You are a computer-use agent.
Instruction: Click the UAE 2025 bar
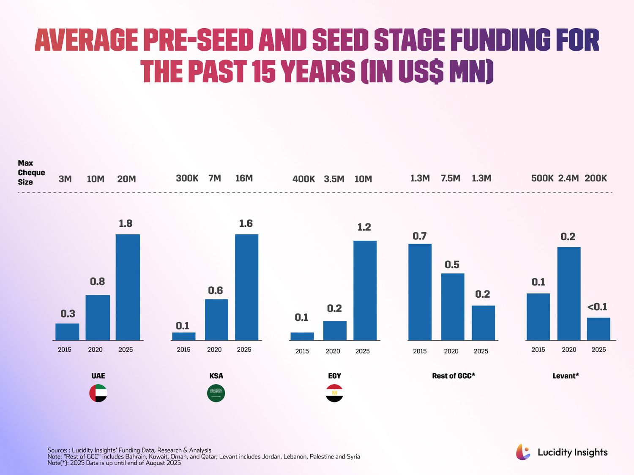click(x=128, y=287)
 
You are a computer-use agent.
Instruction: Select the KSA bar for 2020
click(x=216, y=320)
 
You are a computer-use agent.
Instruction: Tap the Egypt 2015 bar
click(x=302, y=336)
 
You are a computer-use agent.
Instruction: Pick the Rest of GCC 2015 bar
click(x=420, y=292)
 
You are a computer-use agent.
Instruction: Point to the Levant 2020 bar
click(x=568, y=293)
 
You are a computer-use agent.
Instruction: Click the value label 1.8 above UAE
click(x=126, y=223)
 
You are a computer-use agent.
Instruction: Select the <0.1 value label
click(x=597, y=307)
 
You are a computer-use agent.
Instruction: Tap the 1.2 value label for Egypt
click(x=364, y=227)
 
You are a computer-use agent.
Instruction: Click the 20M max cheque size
click(x=126, y=179)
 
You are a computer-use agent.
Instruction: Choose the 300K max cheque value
click(x=187, y=178)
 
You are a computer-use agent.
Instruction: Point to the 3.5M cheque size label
click(x=334, y=179)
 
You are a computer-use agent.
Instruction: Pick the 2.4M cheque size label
click(x=568, y=178)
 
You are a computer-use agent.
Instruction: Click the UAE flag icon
click(x=98, y=393)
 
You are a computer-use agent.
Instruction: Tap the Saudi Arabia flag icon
click(x=216, y=393)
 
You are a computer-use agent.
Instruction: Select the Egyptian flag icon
click(x=334, y=393)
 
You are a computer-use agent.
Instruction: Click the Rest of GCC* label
click(x=454, y=376)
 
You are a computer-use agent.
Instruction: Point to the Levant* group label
click(x=566, y=376)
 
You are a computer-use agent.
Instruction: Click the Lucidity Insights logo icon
click(x=523, y=452)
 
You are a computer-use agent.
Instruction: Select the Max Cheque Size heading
click(x=31, y=173)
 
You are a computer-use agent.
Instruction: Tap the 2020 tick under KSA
click(x=214, y=350)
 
